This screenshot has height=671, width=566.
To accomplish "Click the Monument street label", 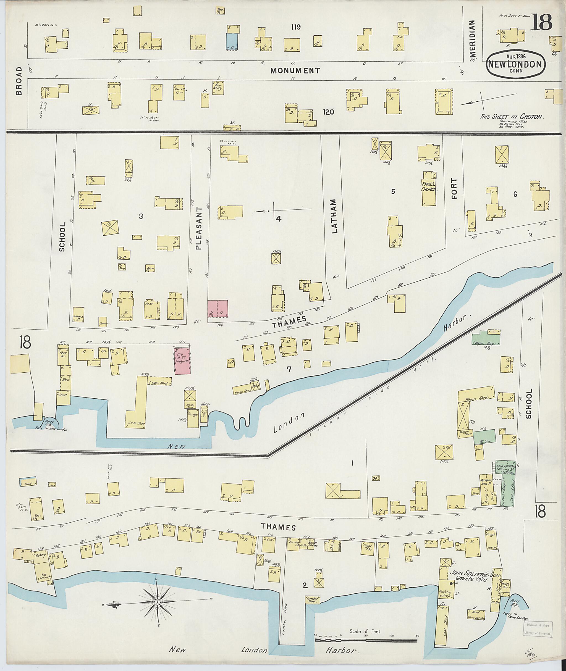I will click(295, 70).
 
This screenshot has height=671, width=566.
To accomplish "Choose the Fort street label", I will click(454, 189).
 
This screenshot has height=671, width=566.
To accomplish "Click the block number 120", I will click(329, 112).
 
